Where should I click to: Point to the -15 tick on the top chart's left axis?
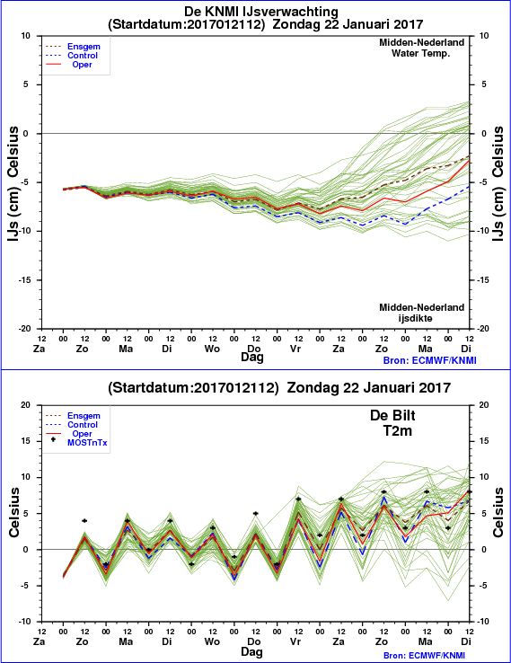coord(28,280)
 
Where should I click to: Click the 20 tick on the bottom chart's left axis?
coord(26,405)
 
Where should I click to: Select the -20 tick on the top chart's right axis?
coord(484,329)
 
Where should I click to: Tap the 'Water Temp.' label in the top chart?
coord(420,53)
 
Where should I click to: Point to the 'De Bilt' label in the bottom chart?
coord(392,416)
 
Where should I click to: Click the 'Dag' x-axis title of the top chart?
coord(252,358)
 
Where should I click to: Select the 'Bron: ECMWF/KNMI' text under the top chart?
coord(430,360)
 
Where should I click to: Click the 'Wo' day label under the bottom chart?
coord(212,641)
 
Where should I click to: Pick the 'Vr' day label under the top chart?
coord(295,349)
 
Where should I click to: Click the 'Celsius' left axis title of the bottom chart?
coord(14,512)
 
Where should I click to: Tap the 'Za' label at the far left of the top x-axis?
coord(40,349)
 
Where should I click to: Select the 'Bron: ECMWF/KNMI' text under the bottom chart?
coord(430,656)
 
